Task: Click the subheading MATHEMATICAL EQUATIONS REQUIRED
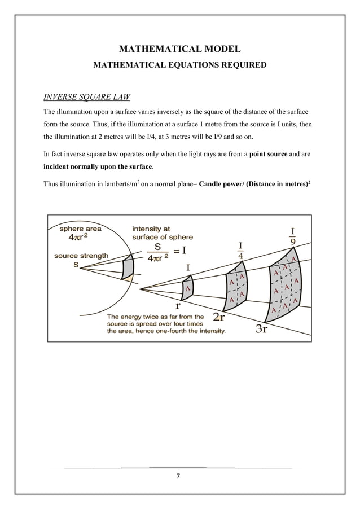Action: pyautogui.click(x=179, y=65)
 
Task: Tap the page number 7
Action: pyautogui.click(x=179, y=476)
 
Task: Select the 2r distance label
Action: pyautogui.click(x=219, y=318)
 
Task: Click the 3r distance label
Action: pyautogui.click(x=262, y=330)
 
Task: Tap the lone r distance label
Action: pyautogui.click(x=178, y=305)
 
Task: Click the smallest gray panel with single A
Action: pyautogui.click(x=187, y=288)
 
